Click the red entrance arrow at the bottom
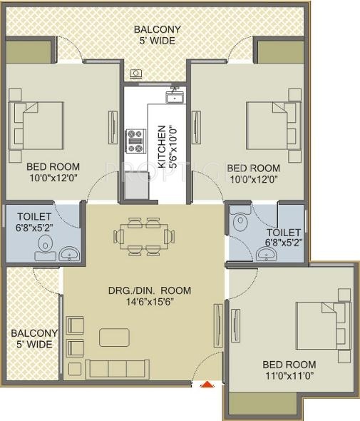(207, 385)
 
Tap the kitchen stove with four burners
(135, 141)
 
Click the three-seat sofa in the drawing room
(118, 368)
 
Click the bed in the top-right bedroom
(270, 126)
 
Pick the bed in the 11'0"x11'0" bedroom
(320, 325)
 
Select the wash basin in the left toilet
(68, 253)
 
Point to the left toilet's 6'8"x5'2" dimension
(30, 230)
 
